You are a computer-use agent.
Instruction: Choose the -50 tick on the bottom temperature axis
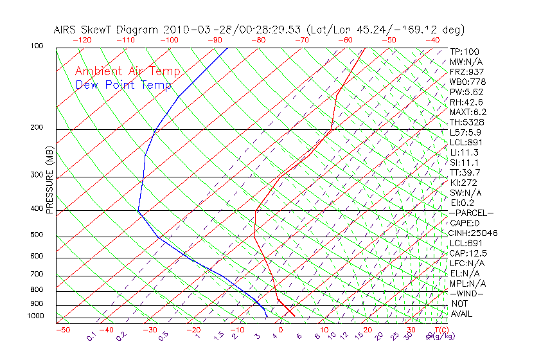click(62, 330)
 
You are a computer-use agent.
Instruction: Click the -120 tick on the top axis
click(82, 40)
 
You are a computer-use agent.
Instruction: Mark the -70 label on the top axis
click(301, 40)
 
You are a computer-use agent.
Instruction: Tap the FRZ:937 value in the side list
click(467, 71)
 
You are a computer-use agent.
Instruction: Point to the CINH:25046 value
click(474, 233)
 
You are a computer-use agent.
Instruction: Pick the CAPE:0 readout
click(465, 222)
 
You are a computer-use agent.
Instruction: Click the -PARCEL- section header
click(472, 213)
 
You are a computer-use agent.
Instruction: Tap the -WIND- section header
click(467, 293)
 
